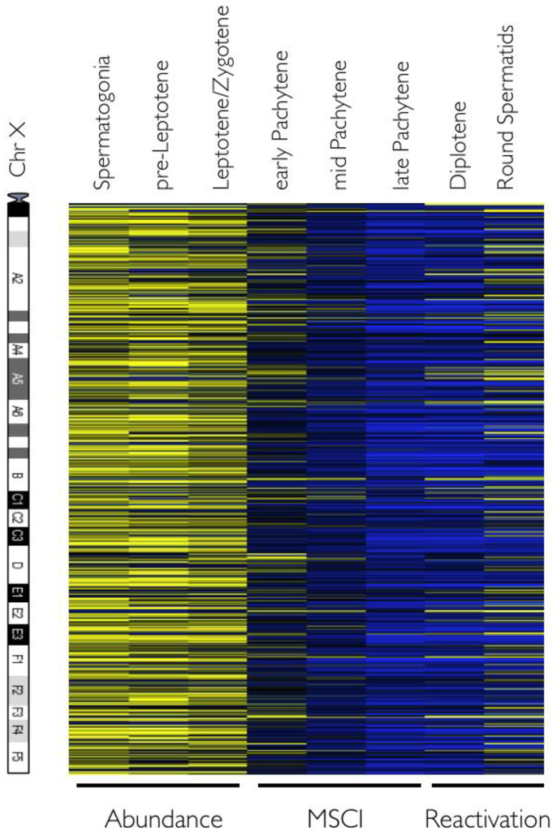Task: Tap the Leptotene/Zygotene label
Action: pyautogui.click(x=222, y=97)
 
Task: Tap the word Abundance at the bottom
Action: pyautogui.click(x=164, y=817)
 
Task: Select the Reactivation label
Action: pyautogui.click(x=486, y=817)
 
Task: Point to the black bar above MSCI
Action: pyautogui.click(x=339, y=786)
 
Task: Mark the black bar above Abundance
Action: pyautogui.click(x=158, y=786)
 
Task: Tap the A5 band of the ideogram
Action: pyautogui.click(x=18, y=379)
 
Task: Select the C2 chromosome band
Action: pyautogui.click(x=18, y=517)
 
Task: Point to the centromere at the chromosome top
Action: pyautogui.click(x=18, y=197)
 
